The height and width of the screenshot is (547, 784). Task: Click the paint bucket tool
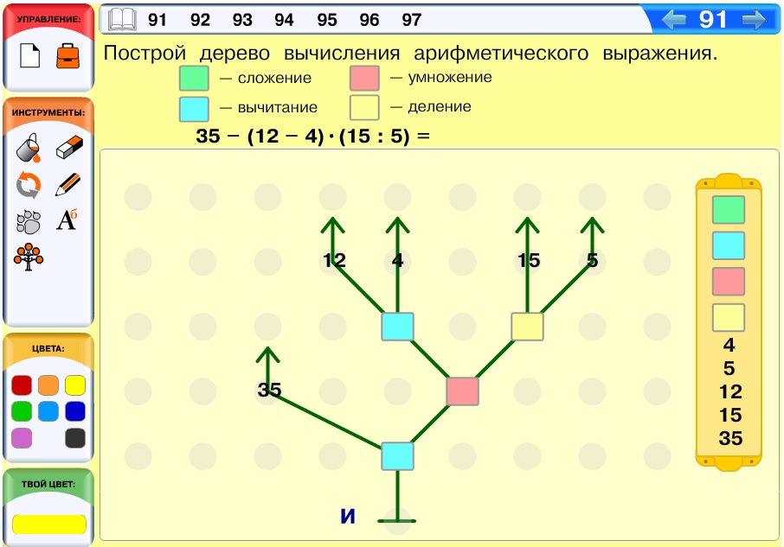point(28,148)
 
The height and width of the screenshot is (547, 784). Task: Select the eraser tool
point(69,147)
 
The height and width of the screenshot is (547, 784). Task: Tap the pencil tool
point(68,184)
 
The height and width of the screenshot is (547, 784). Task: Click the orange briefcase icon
point(68,56)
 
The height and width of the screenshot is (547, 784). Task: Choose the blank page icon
point(30,55)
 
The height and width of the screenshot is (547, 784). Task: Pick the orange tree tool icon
point(29,257)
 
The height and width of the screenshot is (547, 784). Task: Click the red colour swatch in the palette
point(22,385)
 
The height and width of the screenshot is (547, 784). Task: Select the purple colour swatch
point(22,438)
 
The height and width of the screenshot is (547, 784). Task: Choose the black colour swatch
point(75,438)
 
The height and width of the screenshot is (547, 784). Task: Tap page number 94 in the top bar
point(284,20)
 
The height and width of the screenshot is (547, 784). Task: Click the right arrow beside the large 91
point(754,20)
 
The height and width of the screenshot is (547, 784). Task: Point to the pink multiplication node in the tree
point(462,391)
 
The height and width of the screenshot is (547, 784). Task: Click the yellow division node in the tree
point(527,327)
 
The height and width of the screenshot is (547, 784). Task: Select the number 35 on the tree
point(269,390)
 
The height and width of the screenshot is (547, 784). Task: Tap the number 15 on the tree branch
point(529,260)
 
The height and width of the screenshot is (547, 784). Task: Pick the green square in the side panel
point(729,210)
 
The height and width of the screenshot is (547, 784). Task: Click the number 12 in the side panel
point(730,391)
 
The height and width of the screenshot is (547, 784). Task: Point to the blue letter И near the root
point(348,516)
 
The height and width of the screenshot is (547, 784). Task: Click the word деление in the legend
point(440,106)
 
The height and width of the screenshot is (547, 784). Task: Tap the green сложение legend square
point(194,79)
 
